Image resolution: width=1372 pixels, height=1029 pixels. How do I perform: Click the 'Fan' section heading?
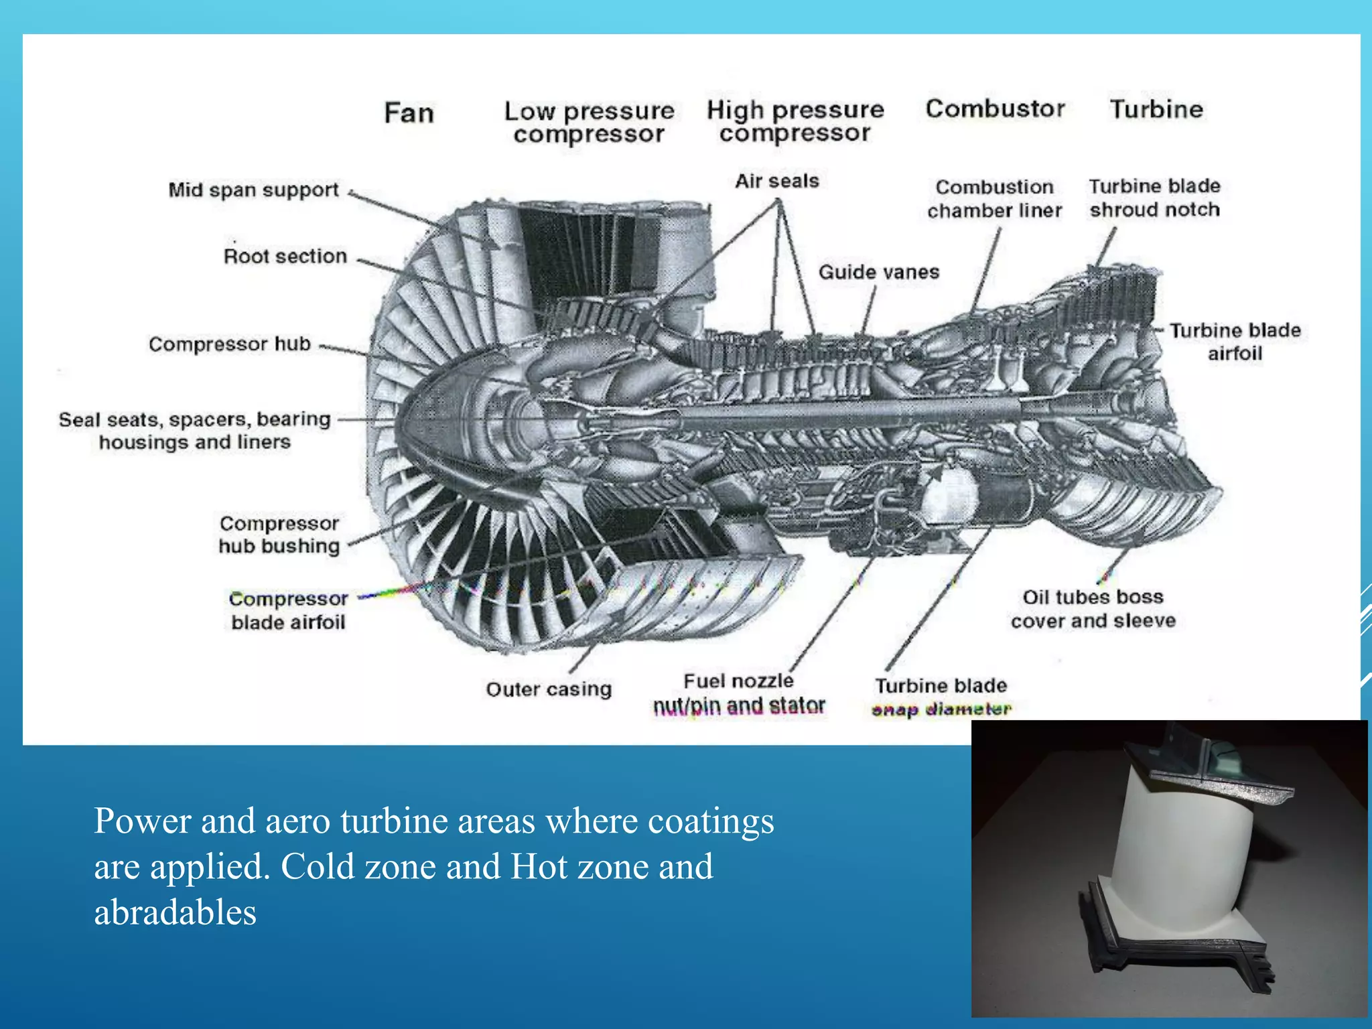pos(409,113)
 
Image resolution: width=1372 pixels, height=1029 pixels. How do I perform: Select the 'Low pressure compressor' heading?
pos(589,122)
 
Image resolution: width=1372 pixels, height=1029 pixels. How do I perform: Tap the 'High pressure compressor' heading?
pos(795,121)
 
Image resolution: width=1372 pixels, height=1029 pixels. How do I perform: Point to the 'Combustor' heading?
pos(995,109)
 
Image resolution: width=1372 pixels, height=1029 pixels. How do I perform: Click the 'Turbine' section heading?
pos(1156,109)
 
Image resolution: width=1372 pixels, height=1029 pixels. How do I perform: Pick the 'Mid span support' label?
pos(253,190)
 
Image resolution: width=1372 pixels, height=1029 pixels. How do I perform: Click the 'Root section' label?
pos(285,256)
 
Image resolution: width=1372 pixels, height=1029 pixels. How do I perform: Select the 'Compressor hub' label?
pos(230,344)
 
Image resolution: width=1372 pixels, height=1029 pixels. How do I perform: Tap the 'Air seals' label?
pos(777,181)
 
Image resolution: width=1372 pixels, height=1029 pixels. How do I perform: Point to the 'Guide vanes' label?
pos(878,272)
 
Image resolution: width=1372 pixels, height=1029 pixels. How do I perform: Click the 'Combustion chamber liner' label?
pos(994,198)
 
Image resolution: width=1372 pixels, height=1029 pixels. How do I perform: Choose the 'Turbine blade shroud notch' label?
pos(1154,198)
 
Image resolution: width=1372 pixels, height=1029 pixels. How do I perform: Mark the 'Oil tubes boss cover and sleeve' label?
pos(1093,609)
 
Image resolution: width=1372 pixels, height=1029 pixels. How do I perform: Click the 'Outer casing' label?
pos(549,689)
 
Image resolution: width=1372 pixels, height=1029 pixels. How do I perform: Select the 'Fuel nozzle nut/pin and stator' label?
pos(738,694)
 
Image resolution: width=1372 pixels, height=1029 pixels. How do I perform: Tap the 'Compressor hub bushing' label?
pos(279,535)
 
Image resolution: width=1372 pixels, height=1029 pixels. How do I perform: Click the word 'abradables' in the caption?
pos(175,912)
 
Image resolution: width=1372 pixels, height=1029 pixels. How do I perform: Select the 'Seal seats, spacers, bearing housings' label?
pos(194,430)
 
